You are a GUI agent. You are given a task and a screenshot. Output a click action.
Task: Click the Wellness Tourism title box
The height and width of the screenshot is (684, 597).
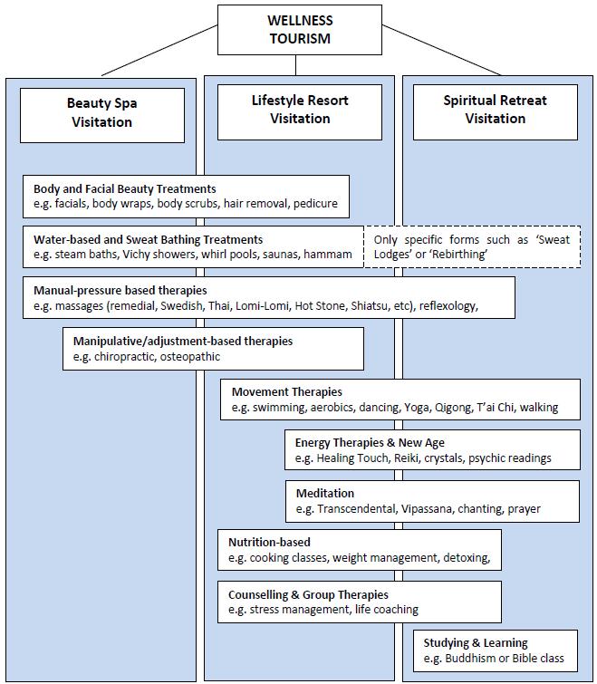click(300, 30)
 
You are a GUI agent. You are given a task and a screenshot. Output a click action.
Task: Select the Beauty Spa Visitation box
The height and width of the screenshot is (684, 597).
click(102, 115)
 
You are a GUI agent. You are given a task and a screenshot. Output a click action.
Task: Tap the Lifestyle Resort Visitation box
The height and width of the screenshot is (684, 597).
click(300, 112)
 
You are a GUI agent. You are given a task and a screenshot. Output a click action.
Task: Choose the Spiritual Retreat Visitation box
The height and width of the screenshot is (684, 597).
click(496, 112)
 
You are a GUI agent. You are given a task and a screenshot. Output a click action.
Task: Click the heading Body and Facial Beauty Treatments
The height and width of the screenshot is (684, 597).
click(125, 188)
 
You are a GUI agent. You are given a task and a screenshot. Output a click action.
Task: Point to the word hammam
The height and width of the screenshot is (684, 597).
click(328, 255)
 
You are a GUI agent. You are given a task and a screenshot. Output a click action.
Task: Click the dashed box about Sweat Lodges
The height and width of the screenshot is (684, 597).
click(472, 246)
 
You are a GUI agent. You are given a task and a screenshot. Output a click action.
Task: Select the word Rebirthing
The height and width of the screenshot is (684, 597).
click(457, 255)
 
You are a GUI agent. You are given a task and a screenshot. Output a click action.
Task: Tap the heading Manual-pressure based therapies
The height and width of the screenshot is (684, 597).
click(120, 291)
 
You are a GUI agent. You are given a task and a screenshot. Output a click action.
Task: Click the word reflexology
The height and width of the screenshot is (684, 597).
click(448, 306)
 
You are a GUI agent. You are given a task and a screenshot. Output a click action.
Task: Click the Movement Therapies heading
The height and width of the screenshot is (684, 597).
click(287, 391)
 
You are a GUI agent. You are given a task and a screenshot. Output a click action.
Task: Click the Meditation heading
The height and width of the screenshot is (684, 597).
click(325, 494)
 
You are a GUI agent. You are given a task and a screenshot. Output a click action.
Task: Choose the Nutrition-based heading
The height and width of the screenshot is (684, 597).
click(269, 543)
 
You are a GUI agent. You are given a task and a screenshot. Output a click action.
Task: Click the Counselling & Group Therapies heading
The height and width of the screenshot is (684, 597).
click(308, 594)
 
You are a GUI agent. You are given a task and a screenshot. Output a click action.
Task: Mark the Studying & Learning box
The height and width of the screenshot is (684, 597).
click(496, 650)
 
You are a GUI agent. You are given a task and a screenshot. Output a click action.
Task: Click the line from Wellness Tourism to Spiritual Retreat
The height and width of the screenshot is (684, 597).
click(442, 50)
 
